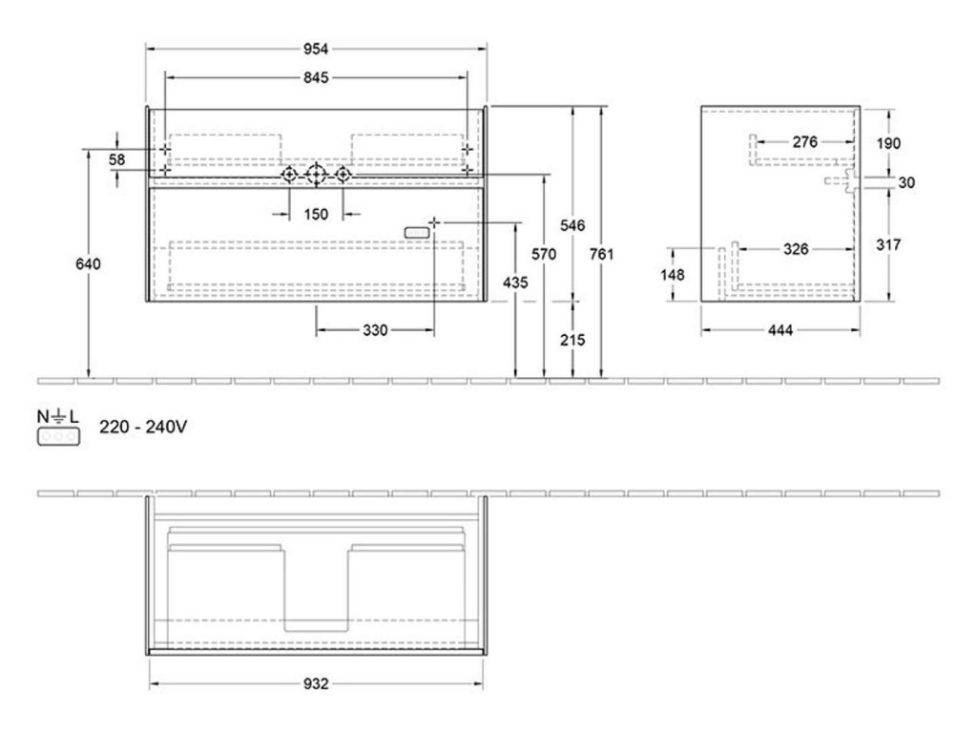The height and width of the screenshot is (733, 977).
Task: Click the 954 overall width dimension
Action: (x=316, y=49)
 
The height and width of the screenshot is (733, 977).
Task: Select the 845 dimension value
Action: (x=316, y=78)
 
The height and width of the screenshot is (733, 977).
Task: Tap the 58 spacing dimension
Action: (x=117, y=159)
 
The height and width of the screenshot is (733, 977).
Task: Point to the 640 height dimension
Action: (x=88, y=263)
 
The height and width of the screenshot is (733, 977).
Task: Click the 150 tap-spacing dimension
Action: (x=316, y=215)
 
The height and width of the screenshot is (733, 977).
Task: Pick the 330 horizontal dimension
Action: (x=375, y=330)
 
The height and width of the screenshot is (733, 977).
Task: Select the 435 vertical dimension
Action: (x=515, y=283)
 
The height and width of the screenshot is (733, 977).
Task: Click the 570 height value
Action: (x=544, y=254)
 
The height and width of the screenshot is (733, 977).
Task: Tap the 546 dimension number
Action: (x=572, y=225)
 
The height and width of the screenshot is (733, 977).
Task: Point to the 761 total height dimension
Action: (x=601, y=254)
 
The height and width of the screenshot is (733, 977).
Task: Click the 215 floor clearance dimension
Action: (x=572, y=340)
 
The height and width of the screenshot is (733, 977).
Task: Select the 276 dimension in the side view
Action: (x=805, y=142)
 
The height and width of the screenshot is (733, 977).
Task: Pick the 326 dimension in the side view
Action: (x=796, y=249)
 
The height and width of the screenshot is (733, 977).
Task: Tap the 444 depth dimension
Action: (x=780, y=330)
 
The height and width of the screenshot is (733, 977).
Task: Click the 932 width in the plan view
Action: (x=316, y=683)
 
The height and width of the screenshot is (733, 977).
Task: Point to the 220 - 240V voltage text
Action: (x=143, y=427)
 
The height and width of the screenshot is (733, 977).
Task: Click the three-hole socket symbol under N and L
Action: (x=58, y=437)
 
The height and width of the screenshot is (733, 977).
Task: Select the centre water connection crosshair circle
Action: (x=317, y=175)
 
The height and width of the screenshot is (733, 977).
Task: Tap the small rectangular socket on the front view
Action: (x=417, y=233)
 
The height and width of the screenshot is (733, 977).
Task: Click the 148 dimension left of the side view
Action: (x=673, y=274)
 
